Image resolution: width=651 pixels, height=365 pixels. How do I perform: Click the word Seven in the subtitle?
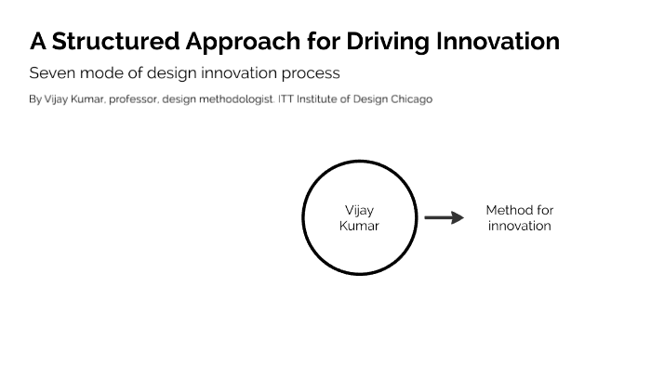49,72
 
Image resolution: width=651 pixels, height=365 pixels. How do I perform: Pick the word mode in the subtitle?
98,72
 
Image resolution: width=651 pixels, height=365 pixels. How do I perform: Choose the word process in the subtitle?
311,72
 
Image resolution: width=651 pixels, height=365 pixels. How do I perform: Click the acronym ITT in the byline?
286,99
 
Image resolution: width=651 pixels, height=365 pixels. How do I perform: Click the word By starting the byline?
35,99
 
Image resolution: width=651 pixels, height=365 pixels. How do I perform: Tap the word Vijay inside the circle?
359,211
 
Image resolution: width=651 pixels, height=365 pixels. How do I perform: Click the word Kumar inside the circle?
359,226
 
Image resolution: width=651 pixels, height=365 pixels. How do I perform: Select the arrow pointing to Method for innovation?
444,218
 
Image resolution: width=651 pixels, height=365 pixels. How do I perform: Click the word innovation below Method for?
519,226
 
